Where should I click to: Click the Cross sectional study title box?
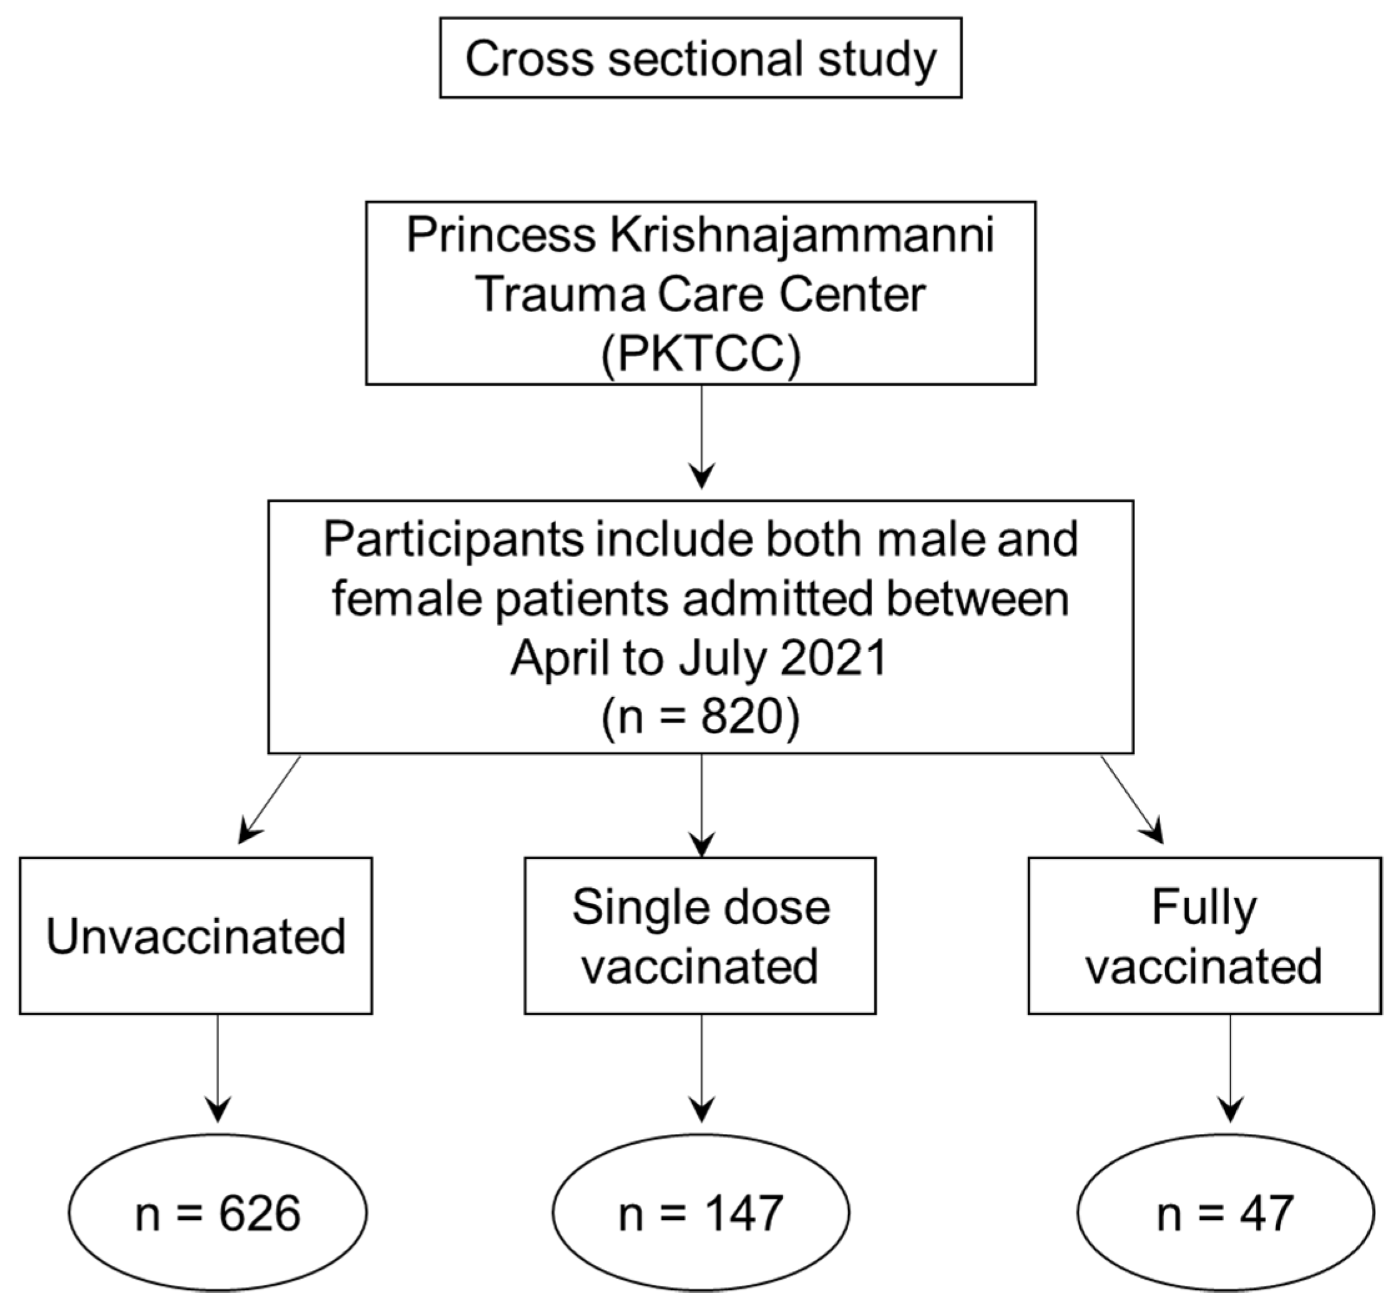(x=700, y=58)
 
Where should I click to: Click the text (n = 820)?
(x=700, y=718)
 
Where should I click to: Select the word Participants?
(x=453, y=540)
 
